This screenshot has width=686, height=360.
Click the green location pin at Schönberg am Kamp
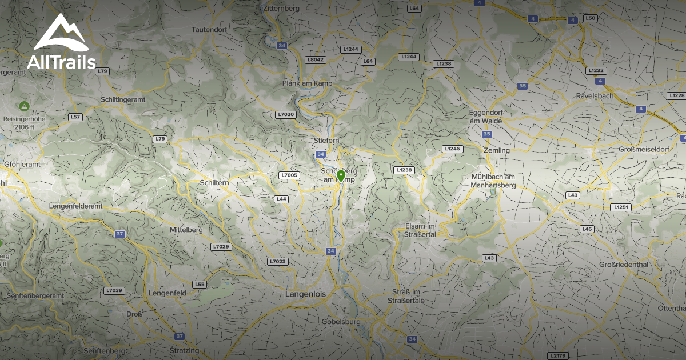(341, 175)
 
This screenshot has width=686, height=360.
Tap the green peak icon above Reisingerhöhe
(24, 106)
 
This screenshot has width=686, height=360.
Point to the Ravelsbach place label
(595, 96)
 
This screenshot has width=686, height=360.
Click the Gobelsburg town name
(341, 322)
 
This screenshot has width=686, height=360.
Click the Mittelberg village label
(186, 230)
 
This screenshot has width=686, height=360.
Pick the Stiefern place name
(327, 141)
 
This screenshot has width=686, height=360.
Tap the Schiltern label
(215, 182)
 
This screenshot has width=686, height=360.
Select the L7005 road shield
(290, 175)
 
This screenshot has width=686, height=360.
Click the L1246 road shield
(452, 149)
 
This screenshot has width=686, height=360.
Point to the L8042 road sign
(315, 59)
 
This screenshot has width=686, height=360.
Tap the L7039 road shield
(114, 290)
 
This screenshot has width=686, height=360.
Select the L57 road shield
(75, 117)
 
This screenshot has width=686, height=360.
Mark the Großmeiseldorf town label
(644, 150)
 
